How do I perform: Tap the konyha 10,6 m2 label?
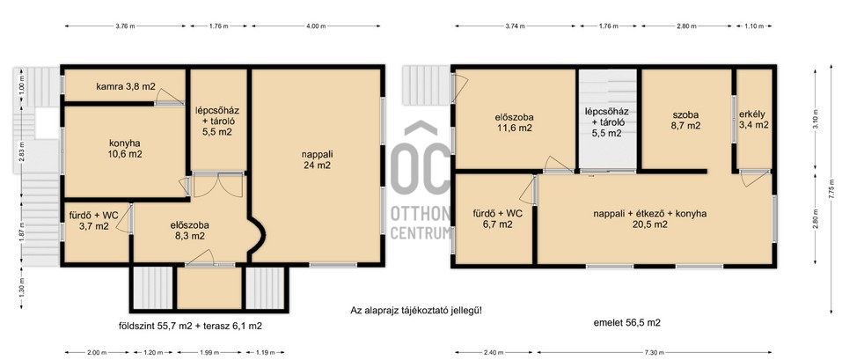[125, 149]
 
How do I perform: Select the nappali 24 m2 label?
[316, 160]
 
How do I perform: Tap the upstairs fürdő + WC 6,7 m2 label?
[497, 218]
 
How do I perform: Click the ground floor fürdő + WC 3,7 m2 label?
[94, 222]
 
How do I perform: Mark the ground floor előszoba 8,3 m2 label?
[187, 230]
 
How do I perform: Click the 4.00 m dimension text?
[316, 26]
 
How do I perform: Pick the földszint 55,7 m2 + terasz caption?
[190, 326]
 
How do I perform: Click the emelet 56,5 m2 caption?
[626, 323]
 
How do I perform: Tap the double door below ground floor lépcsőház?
[217, 184]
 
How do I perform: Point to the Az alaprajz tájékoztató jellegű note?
[416, 310]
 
